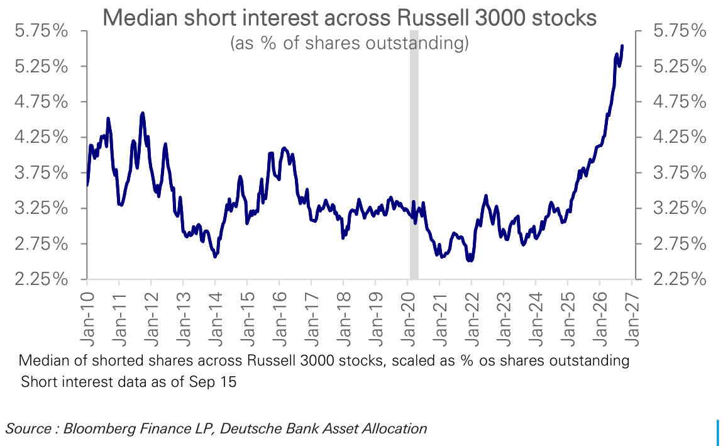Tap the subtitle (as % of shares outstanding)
click(349, 43)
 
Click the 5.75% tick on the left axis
click(41, 31)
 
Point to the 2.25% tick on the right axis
click(680, 279)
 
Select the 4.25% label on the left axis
click(41, 137)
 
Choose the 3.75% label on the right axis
click(680, 173)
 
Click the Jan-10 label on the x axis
click(87, 318)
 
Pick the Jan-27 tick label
click(632, 318)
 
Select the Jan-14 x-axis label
click(216, 318)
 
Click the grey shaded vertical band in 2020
click(414, 155)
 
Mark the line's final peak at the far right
click(622, 46)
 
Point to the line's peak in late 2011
click(143, 113)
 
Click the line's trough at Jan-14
click(215, 257)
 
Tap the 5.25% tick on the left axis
click(41, 67)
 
